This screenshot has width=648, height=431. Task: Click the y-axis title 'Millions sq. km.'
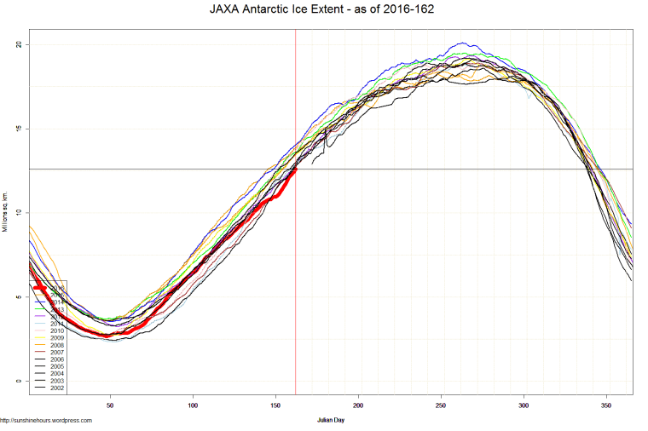tap(6, 213)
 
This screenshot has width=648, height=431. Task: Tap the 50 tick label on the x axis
tap(110, 405)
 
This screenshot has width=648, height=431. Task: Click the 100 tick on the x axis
tap(193, 405)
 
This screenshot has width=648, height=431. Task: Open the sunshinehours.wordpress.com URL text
tap(46, 420)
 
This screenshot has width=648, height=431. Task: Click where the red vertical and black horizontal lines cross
tap(295, 169)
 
